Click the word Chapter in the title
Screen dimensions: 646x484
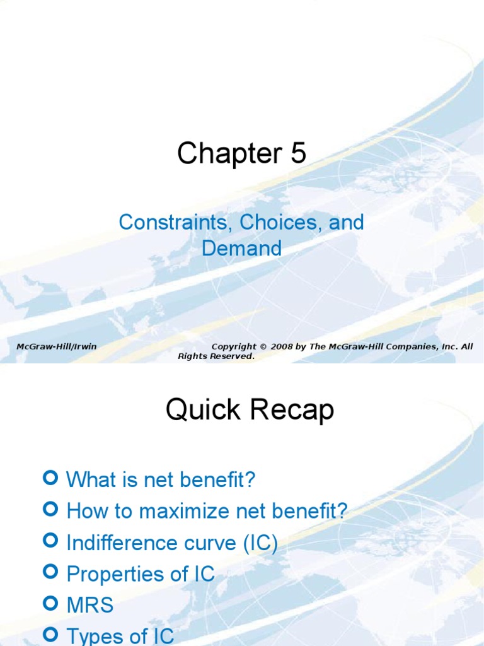(x=229, y=154)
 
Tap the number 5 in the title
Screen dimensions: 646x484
(x=298, y=154)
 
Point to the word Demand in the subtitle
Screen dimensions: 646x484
(x=241, y=248)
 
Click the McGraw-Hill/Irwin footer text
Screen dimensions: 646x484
(x=56, y=346)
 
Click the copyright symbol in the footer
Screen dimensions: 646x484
(x=263, y=346)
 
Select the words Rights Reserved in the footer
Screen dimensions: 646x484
(x=216, y=356)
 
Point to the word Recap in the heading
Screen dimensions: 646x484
(x=292, y=411)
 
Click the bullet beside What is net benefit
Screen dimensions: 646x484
(x=52, y=478)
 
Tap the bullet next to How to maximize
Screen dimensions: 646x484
(x=52, y=509)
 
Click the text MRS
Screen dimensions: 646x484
(x=90, y=606)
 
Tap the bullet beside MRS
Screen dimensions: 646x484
(x=52, y=603)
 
